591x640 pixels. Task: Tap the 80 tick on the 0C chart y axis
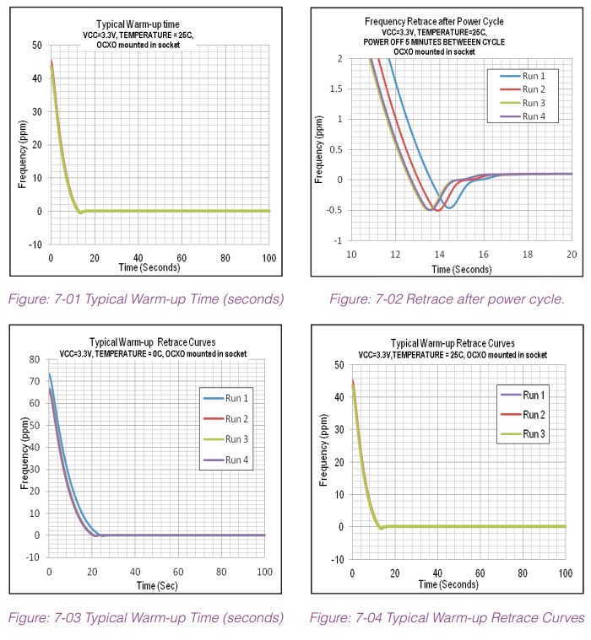tap(34, 359)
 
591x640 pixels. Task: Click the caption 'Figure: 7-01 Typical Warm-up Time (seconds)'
tap(146, 298)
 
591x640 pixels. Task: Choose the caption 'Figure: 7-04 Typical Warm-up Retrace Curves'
tap(446, 618)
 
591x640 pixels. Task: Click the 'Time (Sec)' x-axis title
tap(156, 584)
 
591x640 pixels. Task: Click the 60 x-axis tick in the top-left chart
tap(182, 257)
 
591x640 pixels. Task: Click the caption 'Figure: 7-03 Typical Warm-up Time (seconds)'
tap(146, 618)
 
